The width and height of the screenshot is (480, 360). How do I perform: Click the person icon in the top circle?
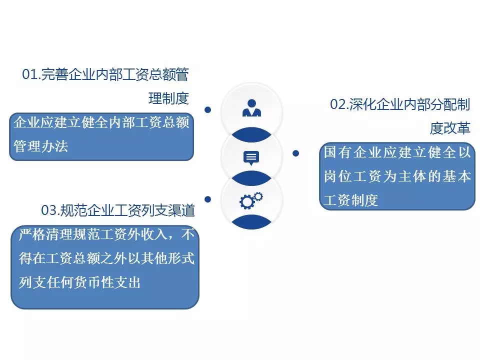[x=251, y=108]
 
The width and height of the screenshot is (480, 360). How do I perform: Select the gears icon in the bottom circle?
[x=251, y=200]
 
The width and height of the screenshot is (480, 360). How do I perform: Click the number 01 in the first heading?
[x=30, y=74]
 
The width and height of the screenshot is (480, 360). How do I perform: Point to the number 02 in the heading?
[x=338, y=104]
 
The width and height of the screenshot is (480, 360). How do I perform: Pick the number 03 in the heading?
[x=49, y=210]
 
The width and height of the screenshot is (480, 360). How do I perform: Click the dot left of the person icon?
[x=207, y=109]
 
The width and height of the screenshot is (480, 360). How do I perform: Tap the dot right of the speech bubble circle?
[x=295, y=153]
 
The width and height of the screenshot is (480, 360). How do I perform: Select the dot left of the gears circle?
[x=207, y=199]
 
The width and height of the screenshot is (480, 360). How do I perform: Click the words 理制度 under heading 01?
[x=168, y=98]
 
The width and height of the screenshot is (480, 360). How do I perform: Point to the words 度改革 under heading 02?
[x=450, y=128]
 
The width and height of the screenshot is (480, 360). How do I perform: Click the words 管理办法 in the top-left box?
[x=40, y=146]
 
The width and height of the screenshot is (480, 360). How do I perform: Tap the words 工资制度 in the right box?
[x=351, y=200]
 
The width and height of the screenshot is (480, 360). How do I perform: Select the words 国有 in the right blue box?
[x=337, y=152]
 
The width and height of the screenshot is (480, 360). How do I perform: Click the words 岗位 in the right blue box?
[x=337, y=176]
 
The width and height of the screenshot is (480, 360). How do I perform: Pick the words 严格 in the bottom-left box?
[x=32, y=234]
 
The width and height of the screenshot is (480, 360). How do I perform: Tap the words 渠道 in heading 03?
[x=181, y=210]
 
